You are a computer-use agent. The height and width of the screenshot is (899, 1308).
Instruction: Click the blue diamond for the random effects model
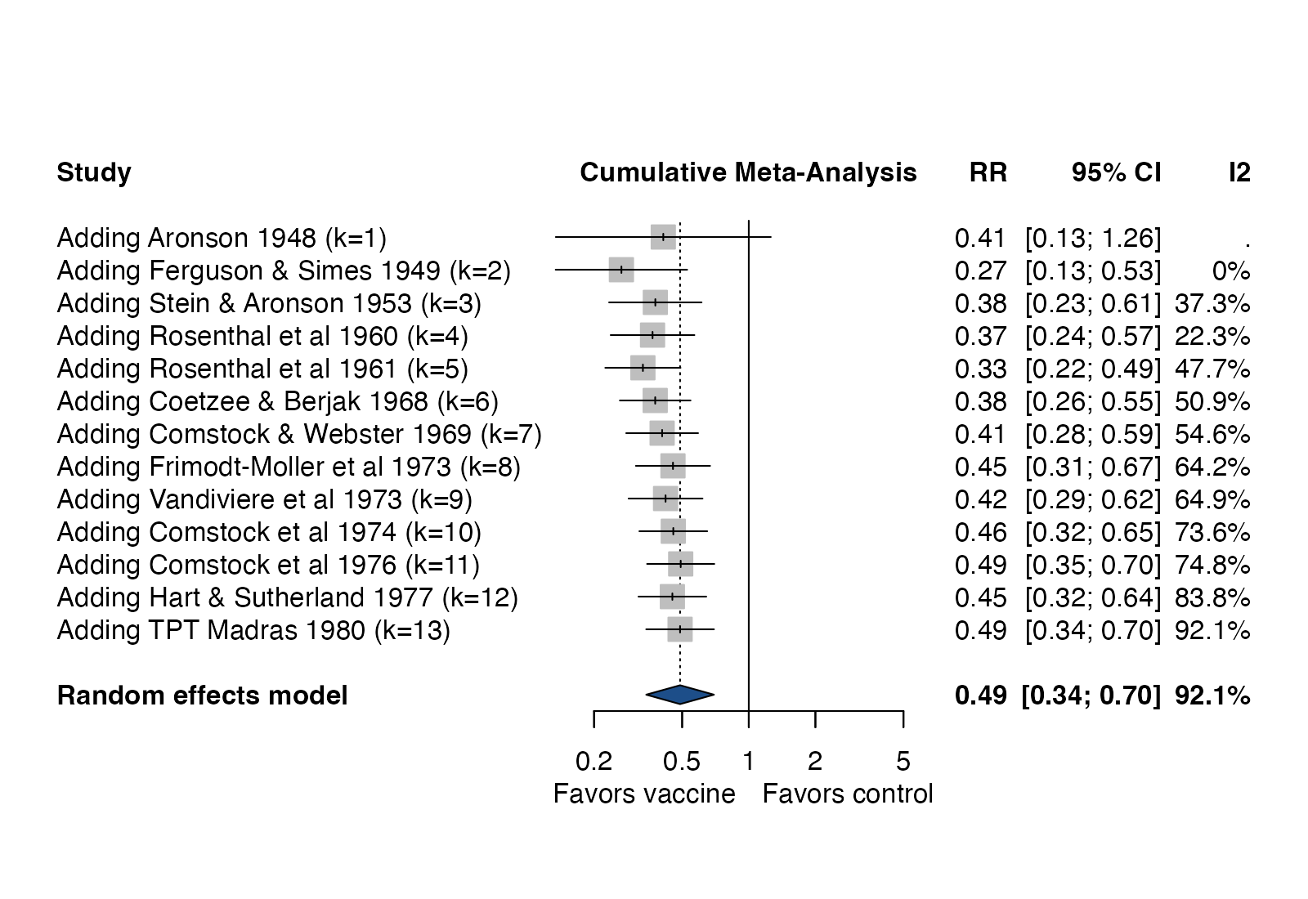[x=680, y=695]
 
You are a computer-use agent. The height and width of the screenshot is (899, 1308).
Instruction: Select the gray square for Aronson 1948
[x=663, y=237]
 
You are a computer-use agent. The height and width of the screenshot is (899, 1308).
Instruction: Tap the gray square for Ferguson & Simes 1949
[x=621, y=270]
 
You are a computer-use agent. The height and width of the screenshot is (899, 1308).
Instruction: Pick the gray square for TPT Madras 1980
[x=680, y=629]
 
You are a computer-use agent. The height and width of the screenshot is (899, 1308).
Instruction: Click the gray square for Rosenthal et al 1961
[x=643, y=368]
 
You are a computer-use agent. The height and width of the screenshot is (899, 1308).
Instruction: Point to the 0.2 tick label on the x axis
[x=594, y=761]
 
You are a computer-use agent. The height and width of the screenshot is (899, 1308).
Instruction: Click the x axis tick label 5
[x=903, y=761]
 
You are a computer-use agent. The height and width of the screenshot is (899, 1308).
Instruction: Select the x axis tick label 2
[x=815, y=761]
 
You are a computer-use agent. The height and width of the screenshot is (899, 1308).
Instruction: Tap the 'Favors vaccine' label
[x=644, y=794]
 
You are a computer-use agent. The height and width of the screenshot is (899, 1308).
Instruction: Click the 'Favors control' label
[x=848, y=794]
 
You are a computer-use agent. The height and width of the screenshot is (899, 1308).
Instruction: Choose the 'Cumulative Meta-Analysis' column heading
[x=749, y=172]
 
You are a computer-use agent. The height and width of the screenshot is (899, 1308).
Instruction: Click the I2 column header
[x=1239, y=172]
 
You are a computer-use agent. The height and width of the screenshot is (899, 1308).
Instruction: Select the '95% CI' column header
[x=1117, y=172]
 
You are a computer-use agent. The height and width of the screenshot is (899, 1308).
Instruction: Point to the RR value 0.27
[x=981, y=271]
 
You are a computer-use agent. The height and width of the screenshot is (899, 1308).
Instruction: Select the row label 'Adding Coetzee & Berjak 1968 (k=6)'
[x=278, y=401]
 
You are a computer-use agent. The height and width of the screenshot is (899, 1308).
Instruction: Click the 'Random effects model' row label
[x=202, y=695]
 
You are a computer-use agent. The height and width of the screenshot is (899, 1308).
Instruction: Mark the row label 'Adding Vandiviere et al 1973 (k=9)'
[x=265, y=499]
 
